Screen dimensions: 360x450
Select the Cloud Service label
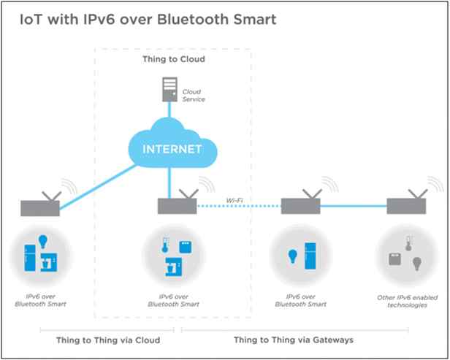pos(192,96)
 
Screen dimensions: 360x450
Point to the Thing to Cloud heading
pos(173,60)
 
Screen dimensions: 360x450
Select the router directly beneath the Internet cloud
pos(176,204)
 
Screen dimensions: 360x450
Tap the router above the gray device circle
pos(406,205)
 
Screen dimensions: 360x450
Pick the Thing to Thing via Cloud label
pos(107,340)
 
